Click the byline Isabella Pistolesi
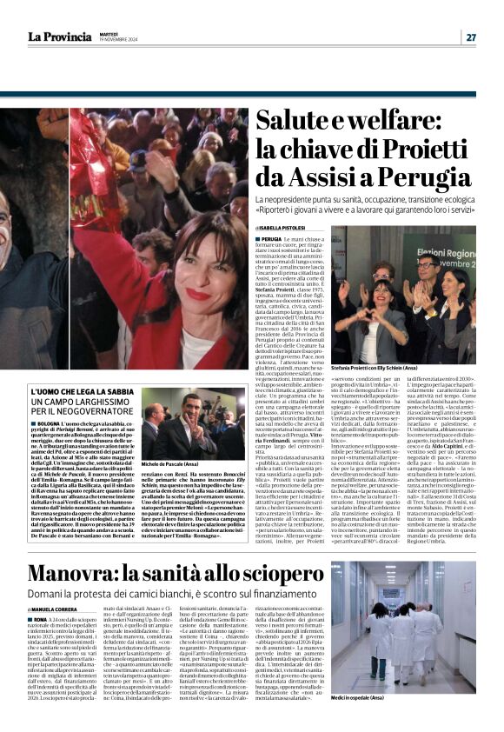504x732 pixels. pos(303,229)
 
